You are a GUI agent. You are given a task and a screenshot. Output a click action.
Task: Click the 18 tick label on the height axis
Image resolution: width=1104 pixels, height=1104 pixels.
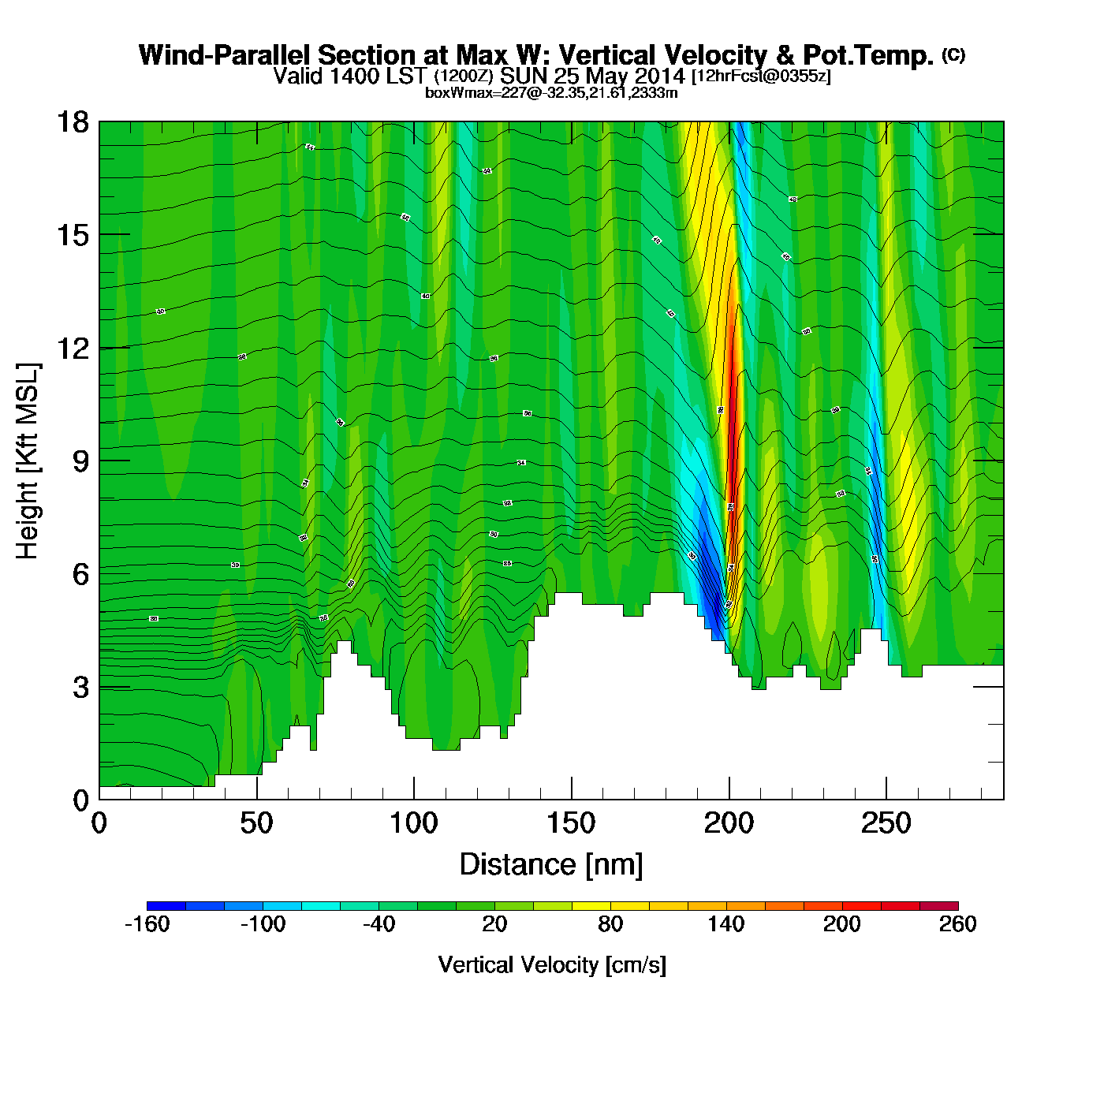pos(72,122)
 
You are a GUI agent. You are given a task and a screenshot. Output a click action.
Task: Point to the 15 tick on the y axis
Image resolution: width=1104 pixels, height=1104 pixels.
pos(72,235)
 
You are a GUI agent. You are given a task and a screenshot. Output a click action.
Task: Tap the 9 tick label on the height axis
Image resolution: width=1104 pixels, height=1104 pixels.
pos(80,461)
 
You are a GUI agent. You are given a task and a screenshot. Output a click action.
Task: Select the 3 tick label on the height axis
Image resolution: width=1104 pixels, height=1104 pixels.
pos(80,688)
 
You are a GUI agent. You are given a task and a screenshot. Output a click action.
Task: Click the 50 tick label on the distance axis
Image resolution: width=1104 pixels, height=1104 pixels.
pos(256,824)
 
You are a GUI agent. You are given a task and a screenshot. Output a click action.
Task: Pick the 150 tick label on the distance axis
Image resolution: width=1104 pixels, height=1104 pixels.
pos(571,824)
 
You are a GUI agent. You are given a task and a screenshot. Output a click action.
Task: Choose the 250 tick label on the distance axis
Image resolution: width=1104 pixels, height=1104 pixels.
pos(886,824)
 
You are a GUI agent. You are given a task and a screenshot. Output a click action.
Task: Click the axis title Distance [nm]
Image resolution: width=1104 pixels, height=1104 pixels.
pos(551,865)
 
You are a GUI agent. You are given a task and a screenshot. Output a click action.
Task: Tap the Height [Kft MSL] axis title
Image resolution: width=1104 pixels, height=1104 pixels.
pos(28,461)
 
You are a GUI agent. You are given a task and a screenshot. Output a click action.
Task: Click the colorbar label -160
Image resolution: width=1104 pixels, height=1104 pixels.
pos(147,924)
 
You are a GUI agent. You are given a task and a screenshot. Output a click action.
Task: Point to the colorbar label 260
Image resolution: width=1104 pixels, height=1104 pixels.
pos(957,924)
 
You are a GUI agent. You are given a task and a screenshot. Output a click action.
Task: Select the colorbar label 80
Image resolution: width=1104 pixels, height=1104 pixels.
pos(610,924)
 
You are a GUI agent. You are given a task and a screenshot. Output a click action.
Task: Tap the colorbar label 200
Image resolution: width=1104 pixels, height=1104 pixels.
pos(841,924)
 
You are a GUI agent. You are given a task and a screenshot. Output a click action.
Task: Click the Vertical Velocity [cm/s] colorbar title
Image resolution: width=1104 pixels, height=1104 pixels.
pos(552,965)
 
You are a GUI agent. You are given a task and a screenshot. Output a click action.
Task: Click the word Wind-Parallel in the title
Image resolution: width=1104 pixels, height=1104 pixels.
pos(226,55)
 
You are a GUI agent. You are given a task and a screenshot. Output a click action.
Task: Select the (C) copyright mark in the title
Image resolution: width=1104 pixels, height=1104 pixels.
pos(953,54)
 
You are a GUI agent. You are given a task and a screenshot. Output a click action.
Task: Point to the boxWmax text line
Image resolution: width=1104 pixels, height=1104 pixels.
pos(551,92)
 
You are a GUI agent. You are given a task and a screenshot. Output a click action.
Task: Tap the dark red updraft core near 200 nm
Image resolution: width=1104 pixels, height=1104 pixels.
pos(733,394)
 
